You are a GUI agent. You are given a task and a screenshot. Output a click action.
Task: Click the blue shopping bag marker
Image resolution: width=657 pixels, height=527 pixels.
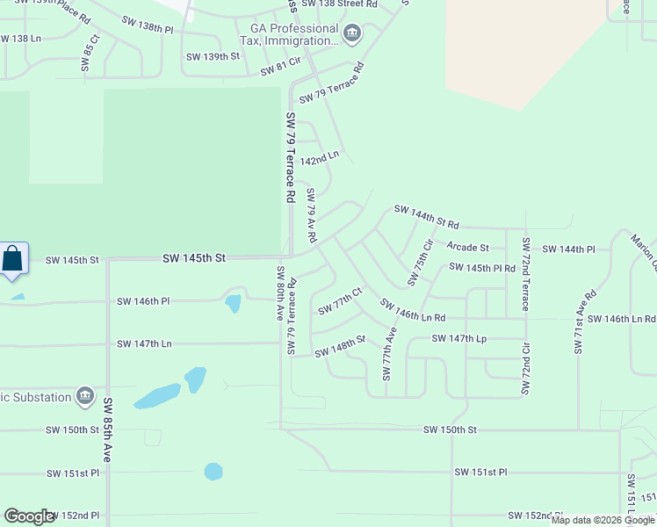(x=12, y=259)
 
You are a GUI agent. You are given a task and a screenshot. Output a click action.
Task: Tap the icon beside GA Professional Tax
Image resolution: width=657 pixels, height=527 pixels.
(x=352, y=34)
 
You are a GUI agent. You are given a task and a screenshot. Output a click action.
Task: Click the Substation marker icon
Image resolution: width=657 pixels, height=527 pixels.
(x=85, y=396)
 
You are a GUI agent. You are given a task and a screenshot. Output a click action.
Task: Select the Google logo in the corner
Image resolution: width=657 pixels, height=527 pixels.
(x=29, y=516)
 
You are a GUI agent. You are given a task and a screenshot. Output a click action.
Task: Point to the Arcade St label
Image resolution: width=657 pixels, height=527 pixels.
(x=467, y=248)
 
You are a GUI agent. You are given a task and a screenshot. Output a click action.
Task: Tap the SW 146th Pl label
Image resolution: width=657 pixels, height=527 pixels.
(x=143, y=300)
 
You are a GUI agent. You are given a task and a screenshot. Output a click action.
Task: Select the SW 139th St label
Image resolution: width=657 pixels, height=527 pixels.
(x=213, y=56)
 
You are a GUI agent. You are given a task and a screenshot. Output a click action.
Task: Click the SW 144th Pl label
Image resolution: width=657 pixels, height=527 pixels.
(x=568, y=249)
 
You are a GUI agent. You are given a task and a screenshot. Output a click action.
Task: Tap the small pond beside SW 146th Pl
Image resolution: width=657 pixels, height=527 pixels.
(x=233, y=303)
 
